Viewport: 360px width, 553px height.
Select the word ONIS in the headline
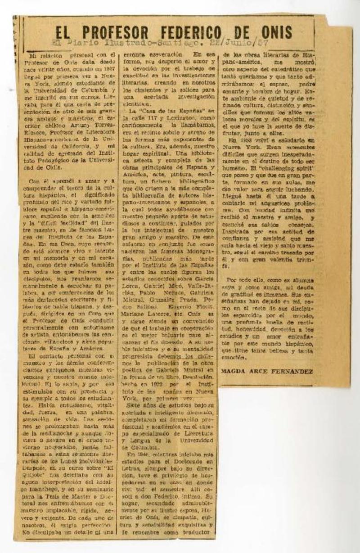pyautogui.click(x=275, y=32)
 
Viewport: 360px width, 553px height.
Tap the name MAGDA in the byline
pyautogui.click(x=234, y=371)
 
